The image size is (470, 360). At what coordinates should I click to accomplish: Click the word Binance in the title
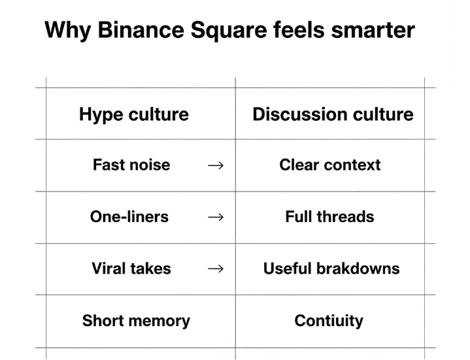pos(141,29)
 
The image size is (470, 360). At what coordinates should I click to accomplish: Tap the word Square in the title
pos(228,31)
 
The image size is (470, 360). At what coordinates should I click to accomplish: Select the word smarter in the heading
pos(373,31)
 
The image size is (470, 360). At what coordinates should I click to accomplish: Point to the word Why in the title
pos(68,31)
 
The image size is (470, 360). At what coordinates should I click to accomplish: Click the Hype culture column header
pos(134,115)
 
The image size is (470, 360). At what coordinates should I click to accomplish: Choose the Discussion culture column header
pos(333,114)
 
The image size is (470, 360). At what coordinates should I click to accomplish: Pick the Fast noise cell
pos(131,165)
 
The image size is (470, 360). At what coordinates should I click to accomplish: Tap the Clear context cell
pos(330,165)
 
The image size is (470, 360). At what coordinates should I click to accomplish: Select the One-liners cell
pos(129,216)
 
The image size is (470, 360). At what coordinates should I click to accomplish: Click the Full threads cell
pos(329,216)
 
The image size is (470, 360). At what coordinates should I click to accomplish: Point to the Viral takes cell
pos(131,269)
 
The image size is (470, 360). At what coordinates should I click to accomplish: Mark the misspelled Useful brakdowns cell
pos(331,269)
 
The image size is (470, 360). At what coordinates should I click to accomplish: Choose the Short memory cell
pos(136,321)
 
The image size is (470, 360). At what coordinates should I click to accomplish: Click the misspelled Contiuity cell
pos(329,321)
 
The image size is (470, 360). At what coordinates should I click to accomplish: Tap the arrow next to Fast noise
pos(216,165)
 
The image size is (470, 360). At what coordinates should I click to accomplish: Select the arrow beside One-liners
pos(216,217)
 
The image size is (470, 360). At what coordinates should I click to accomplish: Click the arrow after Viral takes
pos(216,269)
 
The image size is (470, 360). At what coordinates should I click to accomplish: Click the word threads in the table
pos(346,216)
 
